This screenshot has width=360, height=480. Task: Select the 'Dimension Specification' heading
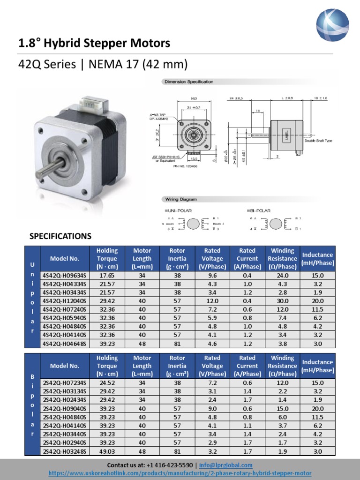click(188, 82)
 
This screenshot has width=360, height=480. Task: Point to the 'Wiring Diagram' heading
click(180, 199)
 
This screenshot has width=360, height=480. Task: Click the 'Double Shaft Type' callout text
click(318, 141)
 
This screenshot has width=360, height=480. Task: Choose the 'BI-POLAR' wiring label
click(261, 211)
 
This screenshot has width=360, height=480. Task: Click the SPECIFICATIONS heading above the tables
click(60, 236)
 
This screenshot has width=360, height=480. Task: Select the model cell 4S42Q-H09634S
click(64, 276)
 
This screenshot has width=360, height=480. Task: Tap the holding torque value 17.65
click(107, 276)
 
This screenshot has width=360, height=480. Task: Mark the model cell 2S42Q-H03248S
click(64, 451)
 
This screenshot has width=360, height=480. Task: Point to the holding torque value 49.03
click(107, 451)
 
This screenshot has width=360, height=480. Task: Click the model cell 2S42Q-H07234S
click(64, 383)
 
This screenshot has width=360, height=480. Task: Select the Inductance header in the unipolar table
click(317, 259)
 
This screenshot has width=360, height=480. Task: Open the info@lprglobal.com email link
click(225, 465)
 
